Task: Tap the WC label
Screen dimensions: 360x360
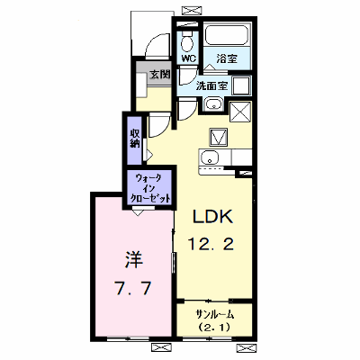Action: [189, 58]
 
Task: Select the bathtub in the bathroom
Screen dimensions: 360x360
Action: [227, 35]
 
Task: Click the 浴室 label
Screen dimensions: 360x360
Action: [227, 58]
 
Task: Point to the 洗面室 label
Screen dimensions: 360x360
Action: [211, 86]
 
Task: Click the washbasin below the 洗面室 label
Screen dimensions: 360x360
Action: [213, 104]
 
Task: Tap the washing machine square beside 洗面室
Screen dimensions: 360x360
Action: [241, 85]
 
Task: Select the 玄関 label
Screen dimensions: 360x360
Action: [160, 75]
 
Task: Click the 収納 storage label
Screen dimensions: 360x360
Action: [135, 139]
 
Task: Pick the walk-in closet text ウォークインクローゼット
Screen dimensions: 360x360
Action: [149, 188]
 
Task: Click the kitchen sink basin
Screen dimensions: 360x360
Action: [210, 157]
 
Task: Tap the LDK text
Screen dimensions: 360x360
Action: [212, 217]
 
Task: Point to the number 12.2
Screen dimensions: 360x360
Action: [211, 244]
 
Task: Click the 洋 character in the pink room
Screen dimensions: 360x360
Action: [133, 260]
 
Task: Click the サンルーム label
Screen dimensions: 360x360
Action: [214, 315]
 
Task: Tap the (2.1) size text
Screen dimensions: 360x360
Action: [214, 327]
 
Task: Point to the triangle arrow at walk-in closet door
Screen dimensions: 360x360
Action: [138, 212]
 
